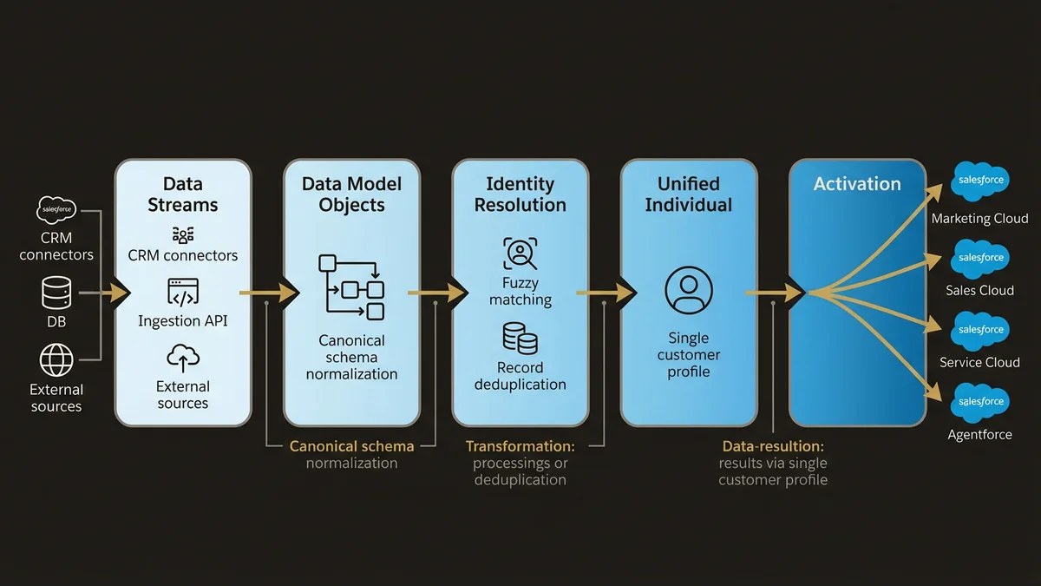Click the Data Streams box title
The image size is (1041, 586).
click(183, 194)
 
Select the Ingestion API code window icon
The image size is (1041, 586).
click(183, 293)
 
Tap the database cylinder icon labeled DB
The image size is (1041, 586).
click(56, 293)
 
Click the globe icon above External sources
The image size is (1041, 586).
click(56, 359)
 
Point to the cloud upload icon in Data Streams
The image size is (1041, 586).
click(183, 358)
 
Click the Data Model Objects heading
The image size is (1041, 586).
click(351, 194)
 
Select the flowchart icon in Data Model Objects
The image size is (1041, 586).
click(351, 286)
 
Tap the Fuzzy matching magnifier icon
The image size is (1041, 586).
click(520, 254)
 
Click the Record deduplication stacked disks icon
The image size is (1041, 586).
click(520, 339)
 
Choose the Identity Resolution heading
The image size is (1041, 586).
click(520, 194)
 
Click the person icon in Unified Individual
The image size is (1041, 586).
click(688, 290)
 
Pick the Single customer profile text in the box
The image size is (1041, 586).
click(688, 354)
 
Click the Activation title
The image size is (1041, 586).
click(856, 184)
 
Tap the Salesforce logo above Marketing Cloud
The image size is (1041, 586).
click(979, 181)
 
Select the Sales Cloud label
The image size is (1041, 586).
click(979, 291)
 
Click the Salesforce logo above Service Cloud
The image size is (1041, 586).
click(979, 330)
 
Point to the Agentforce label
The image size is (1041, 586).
click(979, 434)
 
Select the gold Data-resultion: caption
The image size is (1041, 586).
click(773, 446)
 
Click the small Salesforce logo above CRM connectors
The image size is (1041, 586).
click(56, 210)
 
